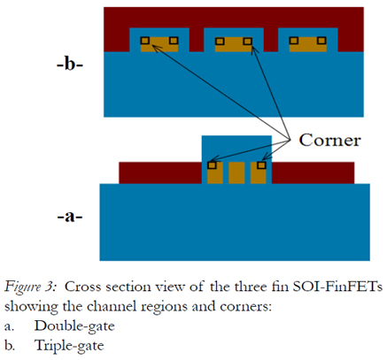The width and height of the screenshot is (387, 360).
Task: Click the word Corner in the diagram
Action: pos(329,140)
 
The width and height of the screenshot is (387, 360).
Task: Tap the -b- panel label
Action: pos(70,65)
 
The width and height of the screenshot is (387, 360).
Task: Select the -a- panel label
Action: pos(70,217)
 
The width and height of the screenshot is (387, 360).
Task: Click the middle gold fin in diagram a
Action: pos(236,172)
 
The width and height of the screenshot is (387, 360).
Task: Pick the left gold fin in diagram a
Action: pos(215,172)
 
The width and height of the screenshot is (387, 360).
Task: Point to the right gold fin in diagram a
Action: pos(259,172)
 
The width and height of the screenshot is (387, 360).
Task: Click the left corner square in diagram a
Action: pos(212,165)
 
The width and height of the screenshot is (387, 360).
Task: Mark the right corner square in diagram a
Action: pos(261,165)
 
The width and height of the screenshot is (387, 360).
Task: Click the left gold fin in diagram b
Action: pos(159,44)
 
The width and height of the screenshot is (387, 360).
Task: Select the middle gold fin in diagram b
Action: pos(234,44)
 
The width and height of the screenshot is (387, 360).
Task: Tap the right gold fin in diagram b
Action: pos(308,44)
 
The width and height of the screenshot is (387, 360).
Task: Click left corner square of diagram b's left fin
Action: pos(144,41)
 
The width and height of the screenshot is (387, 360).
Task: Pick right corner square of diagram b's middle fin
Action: pos(248,41)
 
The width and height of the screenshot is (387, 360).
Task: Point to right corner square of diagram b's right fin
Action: pos(321,41)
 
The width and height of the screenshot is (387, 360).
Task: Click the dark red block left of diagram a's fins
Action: pos(160,172)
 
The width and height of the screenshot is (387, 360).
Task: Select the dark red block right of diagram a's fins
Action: pos(313,172)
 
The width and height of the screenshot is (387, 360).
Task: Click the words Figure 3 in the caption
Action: pos(30,287)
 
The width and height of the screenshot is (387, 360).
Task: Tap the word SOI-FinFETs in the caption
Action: pos(337,287)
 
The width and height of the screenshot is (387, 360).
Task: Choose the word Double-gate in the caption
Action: pos(74,326)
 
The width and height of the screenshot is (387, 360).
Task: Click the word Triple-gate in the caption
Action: pos(69,346)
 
